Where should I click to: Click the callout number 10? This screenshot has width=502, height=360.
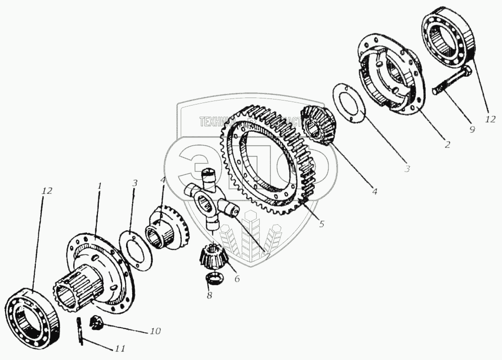155,332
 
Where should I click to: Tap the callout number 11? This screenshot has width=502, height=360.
119,348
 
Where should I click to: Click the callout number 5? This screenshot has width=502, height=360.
321,224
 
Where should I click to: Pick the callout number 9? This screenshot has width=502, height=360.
472,129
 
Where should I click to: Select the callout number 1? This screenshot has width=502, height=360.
99,186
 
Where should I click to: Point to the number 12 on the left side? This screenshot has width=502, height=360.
47,191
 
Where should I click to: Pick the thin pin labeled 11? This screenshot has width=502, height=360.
81,331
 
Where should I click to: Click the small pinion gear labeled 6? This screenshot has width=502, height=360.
211,254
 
